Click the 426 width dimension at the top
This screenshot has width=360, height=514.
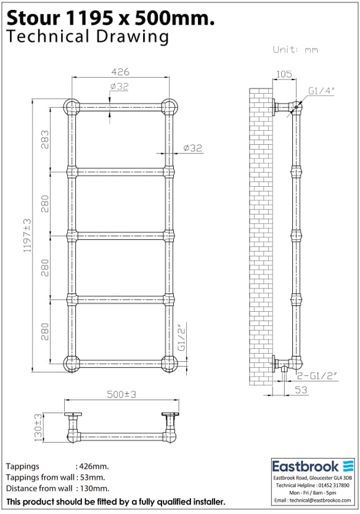120,71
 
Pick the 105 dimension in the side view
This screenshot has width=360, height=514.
284,75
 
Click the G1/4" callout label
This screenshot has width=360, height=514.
321,91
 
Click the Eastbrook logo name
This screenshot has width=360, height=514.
306,466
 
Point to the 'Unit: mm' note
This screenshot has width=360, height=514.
295,49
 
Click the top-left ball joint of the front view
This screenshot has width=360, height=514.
72,107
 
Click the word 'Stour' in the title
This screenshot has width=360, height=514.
30,18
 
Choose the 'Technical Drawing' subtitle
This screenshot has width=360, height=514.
87,36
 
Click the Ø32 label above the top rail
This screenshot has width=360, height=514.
119,87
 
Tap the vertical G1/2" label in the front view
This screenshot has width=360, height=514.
182,338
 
